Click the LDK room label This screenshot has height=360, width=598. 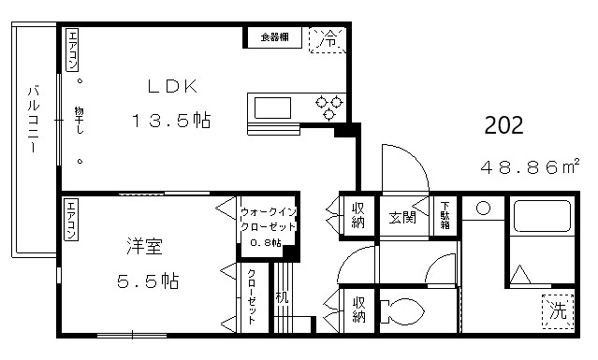point(170,87)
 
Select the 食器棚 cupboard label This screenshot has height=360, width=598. point(274,38)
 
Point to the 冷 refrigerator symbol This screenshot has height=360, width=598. point(328,40)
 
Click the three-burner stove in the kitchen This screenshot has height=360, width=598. point(329,107)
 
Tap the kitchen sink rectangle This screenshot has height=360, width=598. point(273,107)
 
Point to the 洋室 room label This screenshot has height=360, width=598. point(145,247)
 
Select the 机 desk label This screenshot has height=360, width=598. point(281,300)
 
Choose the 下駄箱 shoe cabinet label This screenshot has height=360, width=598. point(445,216)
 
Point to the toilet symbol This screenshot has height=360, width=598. point(403,309)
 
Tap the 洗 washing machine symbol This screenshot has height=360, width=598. point(557,310)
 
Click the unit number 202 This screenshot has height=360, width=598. point(503,125)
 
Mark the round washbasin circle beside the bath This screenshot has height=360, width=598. point(484,208)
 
